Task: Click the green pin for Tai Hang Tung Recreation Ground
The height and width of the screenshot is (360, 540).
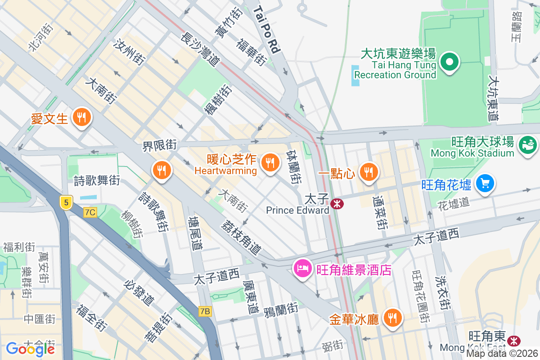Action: coord(449,62)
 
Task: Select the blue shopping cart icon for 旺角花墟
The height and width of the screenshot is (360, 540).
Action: coord(485,184)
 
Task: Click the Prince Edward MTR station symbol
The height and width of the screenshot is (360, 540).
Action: coord(337,204)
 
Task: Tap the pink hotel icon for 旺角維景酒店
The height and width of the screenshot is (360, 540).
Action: coord(302,269)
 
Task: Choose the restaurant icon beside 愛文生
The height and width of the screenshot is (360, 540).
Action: coord(81,118)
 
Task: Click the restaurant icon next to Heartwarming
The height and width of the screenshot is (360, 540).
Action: coord(270,163)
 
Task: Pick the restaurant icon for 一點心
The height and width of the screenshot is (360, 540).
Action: coord(369,171)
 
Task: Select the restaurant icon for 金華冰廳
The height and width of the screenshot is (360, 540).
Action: coord(393,318)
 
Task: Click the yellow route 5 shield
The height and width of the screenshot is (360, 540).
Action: coord(66,203)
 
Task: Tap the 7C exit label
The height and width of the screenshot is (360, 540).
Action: coord(90,211)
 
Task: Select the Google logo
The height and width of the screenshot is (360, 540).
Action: coord(30,349)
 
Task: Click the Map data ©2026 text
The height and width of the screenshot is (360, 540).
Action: coord(501,354)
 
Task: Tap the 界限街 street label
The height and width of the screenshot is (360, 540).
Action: coord(159,145)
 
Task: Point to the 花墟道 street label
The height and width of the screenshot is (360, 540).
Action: coord(454,204)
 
